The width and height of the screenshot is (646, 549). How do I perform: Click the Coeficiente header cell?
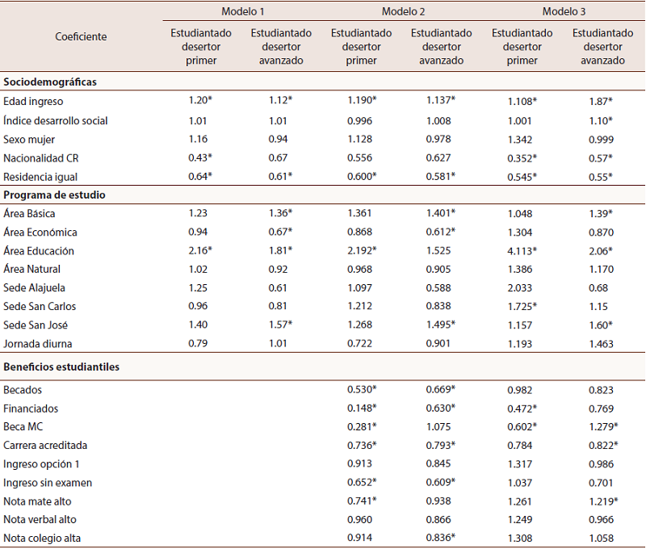[x=81, y=37]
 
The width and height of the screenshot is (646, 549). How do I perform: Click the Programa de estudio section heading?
[x=55, y=195]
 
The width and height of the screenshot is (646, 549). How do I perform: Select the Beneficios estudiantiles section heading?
[x=61, y=367]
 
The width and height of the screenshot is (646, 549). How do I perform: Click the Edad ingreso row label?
[x=33, y=102]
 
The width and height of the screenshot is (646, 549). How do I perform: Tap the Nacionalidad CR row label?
[x=41, y=157]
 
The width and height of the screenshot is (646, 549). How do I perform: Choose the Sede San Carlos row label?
[x=40, y=307]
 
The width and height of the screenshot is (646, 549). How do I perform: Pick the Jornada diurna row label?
[x=37, y=344]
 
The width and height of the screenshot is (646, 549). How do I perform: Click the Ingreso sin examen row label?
[x=48, y=483]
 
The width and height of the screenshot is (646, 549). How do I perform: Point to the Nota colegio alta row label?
[x=44, y=539]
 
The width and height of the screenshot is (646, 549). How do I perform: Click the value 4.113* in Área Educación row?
[x=522, y=251]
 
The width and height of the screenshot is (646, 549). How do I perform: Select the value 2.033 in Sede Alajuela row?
[x=521, y=288]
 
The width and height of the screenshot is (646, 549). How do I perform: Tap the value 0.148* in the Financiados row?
[x=363, y=409]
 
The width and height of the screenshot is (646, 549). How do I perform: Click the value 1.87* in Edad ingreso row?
[x=598, y=102]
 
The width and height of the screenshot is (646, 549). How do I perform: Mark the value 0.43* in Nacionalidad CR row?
[x=199, y=157]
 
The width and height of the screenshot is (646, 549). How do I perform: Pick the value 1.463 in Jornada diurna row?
[x=598, y=344]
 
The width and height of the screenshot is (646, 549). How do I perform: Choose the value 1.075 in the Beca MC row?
[x=440, y=427]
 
